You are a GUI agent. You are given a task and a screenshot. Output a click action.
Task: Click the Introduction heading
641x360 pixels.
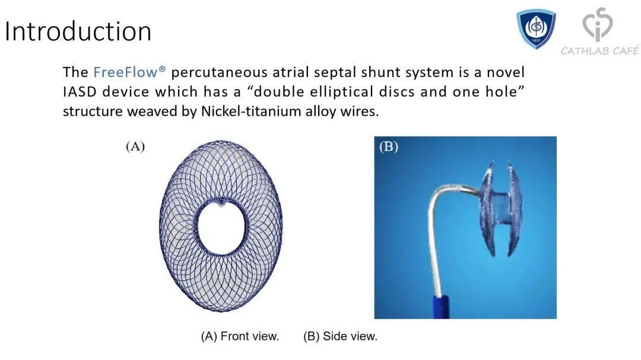click(78, 31)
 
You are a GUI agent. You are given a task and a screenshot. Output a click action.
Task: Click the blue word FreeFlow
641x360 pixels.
click(125, 72)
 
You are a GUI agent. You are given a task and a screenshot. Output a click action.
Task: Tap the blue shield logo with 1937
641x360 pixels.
click(536, 29)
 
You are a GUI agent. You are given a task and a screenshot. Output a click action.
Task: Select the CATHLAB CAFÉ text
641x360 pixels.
click(599, 50)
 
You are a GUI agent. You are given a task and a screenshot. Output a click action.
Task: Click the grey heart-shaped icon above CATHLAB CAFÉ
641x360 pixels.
click(597, 24)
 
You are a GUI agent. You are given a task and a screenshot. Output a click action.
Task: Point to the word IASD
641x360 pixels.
click(80, 91)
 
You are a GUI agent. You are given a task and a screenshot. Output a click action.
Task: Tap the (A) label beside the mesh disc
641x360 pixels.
click(135, 146)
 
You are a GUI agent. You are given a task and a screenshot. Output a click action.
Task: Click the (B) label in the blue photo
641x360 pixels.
click(388, 146)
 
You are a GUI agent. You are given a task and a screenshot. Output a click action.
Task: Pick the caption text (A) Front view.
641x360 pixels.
click(240, 336)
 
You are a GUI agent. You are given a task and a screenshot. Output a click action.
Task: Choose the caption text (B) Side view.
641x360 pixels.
click(340, 336)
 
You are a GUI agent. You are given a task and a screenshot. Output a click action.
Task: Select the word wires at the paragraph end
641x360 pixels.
click(359, 111)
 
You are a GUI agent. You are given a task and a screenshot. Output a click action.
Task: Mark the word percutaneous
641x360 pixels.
click(218, 72)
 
